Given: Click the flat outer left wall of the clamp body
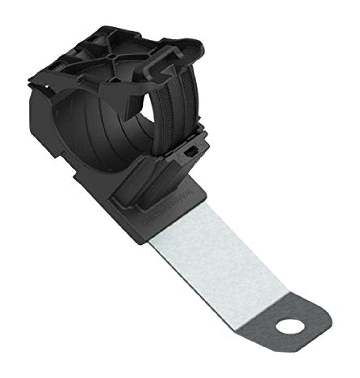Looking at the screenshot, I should [x=44, y=126].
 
